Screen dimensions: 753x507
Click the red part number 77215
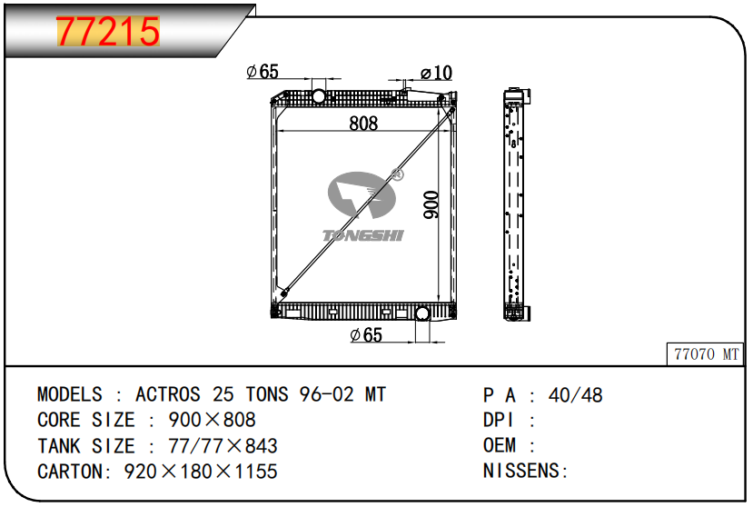point(108,31)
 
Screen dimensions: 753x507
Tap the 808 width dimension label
point(363,124)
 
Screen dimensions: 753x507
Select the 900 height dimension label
point(431,204)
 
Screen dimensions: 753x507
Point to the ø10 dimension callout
point(436,73)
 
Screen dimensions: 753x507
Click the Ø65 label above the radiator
point(263,72)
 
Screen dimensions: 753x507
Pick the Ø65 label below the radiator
point(366,334)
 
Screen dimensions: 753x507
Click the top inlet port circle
point(319,96)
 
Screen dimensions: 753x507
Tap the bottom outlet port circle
point(422,313)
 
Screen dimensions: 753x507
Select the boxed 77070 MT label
point(706,354)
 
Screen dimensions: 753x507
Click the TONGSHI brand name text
point(363,235)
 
